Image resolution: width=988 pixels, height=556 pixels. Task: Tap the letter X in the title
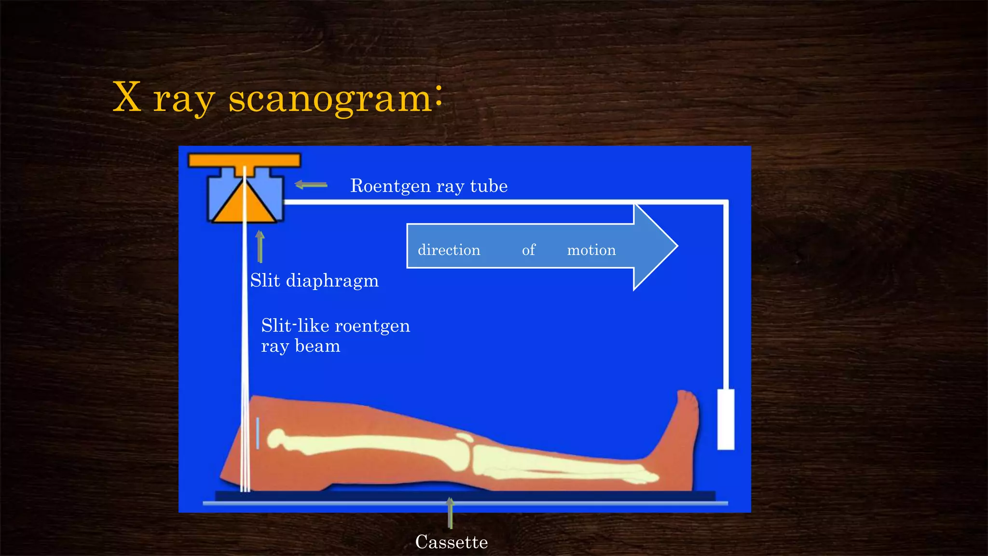[x=127, y=97]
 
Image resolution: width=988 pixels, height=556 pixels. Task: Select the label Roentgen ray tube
[x=428, y=186]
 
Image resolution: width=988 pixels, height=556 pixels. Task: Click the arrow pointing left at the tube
[x=311, y=184]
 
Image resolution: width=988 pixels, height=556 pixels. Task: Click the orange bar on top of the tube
[x=244, y=160]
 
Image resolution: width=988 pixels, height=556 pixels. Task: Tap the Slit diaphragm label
[x=314, y=280]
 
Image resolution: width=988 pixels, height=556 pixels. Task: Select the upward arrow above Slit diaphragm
[x=260, y=246]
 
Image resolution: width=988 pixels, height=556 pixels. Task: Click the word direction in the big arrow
[x=449, y=250]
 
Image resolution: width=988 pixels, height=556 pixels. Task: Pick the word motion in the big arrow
[x=591, y=250]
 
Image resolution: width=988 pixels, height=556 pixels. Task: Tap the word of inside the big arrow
[x=529, y=250]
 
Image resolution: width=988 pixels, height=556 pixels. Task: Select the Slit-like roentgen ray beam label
[x=335, y=335]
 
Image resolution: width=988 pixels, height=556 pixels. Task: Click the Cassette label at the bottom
[x=452, y=542]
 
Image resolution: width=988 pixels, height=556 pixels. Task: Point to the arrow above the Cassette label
[x=450, y=512]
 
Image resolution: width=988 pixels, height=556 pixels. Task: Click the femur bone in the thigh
[x=367, y=444]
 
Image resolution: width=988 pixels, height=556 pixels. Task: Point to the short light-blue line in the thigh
[x=258, y=433]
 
